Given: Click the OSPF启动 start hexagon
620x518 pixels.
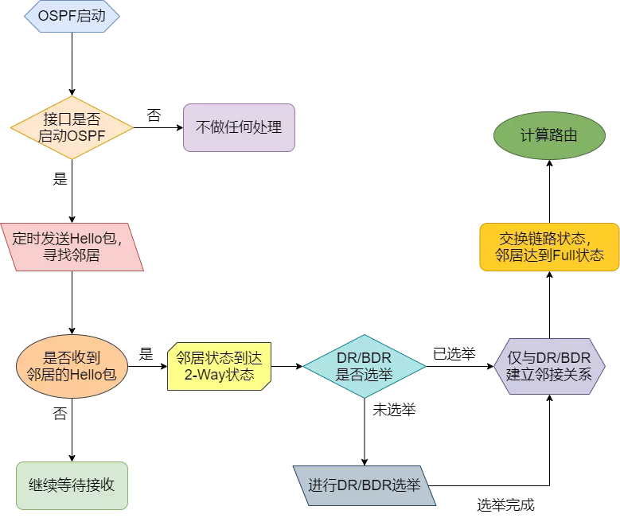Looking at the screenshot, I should coord(72,17).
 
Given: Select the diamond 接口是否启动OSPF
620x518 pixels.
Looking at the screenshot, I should coord(72,127).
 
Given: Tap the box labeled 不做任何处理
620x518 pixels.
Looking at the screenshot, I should coord(239,127).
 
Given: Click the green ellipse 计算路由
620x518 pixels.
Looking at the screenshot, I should coord(549,135).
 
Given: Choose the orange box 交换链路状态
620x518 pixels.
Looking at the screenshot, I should coord(549,247).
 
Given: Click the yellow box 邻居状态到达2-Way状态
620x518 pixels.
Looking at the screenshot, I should coord(219,366).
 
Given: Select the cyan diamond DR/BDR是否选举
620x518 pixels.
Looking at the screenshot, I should coord(365,366).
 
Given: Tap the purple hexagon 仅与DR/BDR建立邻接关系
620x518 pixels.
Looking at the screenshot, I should coord(549,366).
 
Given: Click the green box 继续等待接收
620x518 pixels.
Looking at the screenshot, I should coord(72,485).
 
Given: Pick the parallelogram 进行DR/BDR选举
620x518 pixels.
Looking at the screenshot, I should coord(365,485).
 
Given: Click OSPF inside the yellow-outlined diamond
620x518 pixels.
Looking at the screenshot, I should coord(88,136).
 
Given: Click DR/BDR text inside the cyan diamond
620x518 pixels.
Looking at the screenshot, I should coord(365,358).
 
